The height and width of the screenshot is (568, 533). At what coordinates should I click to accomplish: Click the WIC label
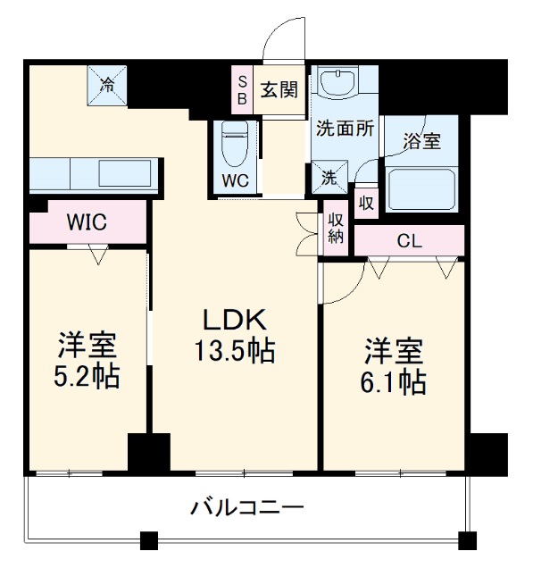click(87, 222)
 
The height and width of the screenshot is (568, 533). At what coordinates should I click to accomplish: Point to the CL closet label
click(410, 239)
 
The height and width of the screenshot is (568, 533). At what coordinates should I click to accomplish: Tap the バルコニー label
click(247, 508)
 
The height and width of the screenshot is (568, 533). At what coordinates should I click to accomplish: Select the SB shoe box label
click(242, 89)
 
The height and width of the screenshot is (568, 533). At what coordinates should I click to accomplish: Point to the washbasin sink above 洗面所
click(337, 84)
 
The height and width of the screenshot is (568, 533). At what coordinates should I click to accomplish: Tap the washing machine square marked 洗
click(329, 177)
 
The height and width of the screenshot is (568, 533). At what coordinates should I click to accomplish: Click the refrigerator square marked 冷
click(107, 87)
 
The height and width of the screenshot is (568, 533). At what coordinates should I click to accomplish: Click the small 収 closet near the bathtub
click(365, 202)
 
